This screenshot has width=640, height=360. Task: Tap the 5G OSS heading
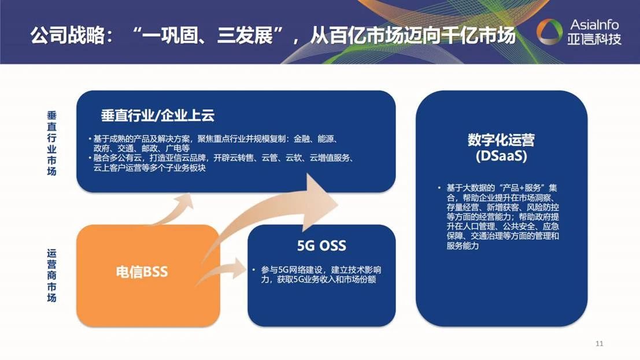(321, 246)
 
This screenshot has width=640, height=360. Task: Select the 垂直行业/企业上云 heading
(158, 116)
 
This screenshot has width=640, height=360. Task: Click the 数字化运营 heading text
(501, 140)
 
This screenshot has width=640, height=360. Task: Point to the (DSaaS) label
(501, 157)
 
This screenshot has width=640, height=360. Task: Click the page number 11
(599, 344)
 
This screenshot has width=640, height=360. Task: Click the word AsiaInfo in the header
(594, 24)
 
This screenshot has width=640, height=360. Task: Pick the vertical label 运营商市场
(51, 276)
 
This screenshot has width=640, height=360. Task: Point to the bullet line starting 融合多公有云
(220, 163)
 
